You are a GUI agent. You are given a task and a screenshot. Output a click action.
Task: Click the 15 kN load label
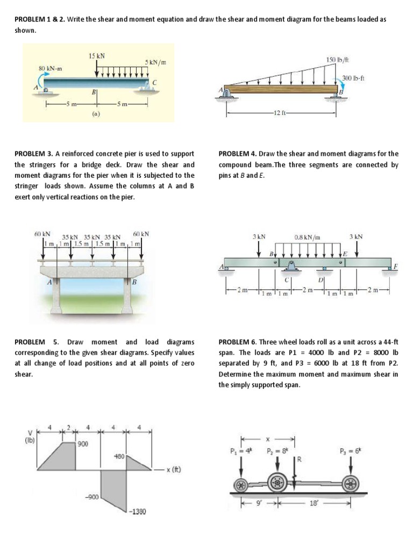point(97,55)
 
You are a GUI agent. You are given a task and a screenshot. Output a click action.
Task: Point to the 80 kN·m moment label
point(49,69)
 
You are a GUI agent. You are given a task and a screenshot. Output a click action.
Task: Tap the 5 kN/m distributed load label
point(155,63)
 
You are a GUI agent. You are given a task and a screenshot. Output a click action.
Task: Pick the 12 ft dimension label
point(280,113)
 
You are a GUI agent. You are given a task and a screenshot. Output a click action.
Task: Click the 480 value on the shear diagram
point(119,456)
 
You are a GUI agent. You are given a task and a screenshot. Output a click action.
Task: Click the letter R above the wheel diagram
point(300,460)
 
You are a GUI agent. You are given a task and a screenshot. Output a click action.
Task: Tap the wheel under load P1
point(241,483)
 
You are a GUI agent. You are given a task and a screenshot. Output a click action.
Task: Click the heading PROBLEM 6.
point(239,342)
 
